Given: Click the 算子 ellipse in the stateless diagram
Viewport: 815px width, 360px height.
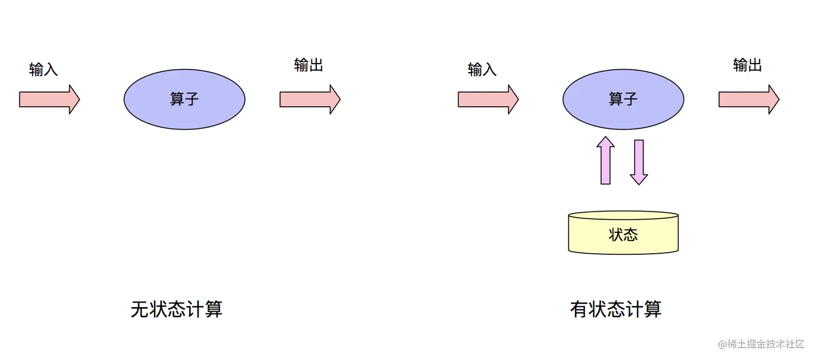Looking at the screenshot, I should click(x=184, y=99).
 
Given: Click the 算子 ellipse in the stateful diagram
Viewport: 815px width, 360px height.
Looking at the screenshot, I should click(x=623, y=99).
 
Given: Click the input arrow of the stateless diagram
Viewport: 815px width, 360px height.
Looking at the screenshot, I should click(x=49, y=99).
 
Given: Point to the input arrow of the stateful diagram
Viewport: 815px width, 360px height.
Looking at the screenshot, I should click(x=488, y=99).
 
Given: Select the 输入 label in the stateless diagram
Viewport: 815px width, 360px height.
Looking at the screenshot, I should click(x=44, y=70).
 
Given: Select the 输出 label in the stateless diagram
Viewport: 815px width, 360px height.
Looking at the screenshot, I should click(x=309, y=65).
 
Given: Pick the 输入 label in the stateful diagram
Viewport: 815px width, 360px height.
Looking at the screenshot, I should click(x=482, y=70).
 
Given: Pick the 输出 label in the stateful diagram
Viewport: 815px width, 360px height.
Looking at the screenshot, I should click(x=748, y=65).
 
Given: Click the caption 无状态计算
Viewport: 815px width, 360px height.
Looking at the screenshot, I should click(x=177, y=309).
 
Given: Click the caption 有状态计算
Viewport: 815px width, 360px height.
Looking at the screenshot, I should click(x=616, y=309).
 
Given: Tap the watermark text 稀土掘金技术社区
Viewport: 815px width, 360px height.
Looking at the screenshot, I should click(x=765, y=344).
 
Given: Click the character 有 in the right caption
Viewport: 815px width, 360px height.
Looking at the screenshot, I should click(x=579, y=309).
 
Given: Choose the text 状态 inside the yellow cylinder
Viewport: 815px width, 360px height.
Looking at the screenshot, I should click(x=623, y=235).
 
